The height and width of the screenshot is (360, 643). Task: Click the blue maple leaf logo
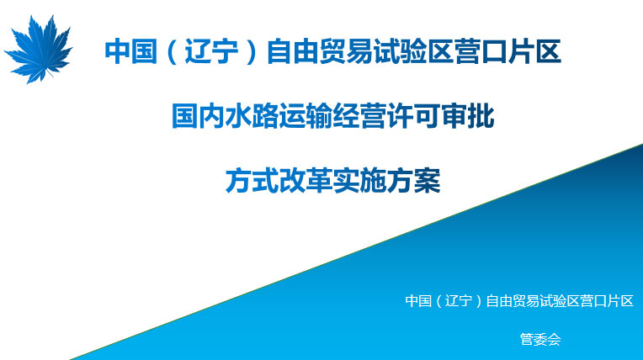(39, 49)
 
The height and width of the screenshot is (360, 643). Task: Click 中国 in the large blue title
(130, 51)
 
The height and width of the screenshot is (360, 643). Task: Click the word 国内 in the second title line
(199, 116)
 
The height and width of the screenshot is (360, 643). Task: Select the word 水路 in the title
(252, 116)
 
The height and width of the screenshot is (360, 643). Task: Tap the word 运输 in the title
(306, 116)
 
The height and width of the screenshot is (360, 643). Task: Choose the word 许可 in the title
(413, 116)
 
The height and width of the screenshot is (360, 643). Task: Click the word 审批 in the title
(467, 116)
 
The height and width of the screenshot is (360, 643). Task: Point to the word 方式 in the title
(252, 180)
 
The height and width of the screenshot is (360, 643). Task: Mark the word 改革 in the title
(306, 180)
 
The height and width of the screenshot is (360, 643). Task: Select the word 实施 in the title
(359, 180)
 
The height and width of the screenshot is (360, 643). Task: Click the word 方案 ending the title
(413, 180)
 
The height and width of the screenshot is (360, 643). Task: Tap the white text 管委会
(540, 339)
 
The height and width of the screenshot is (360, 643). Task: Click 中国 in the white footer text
(418, 301)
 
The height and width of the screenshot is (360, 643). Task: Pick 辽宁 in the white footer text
(459, 301)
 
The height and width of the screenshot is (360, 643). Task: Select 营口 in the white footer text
(593, 301)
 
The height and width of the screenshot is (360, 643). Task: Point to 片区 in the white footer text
(620, 301)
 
